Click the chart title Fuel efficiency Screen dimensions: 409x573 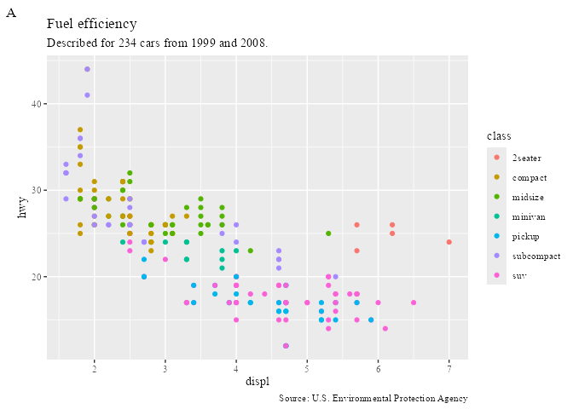pos(91,24)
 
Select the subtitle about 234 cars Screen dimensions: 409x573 pos(157,43)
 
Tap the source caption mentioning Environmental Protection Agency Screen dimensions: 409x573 pos(373,399)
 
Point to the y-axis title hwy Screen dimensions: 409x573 pos(23,208)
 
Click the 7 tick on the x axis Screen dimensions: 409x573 pos(449,368)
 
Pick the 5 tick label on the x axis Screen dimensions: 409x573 pos(307,368)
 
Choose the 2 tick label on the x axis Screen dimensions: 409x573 pos(94,368)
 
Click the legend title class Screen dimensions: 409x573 pos(499,136)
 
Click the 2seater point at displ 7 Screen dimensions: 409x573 pos(449,242)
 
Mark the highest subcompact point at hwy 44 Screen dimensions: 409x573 pos(87,69)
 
